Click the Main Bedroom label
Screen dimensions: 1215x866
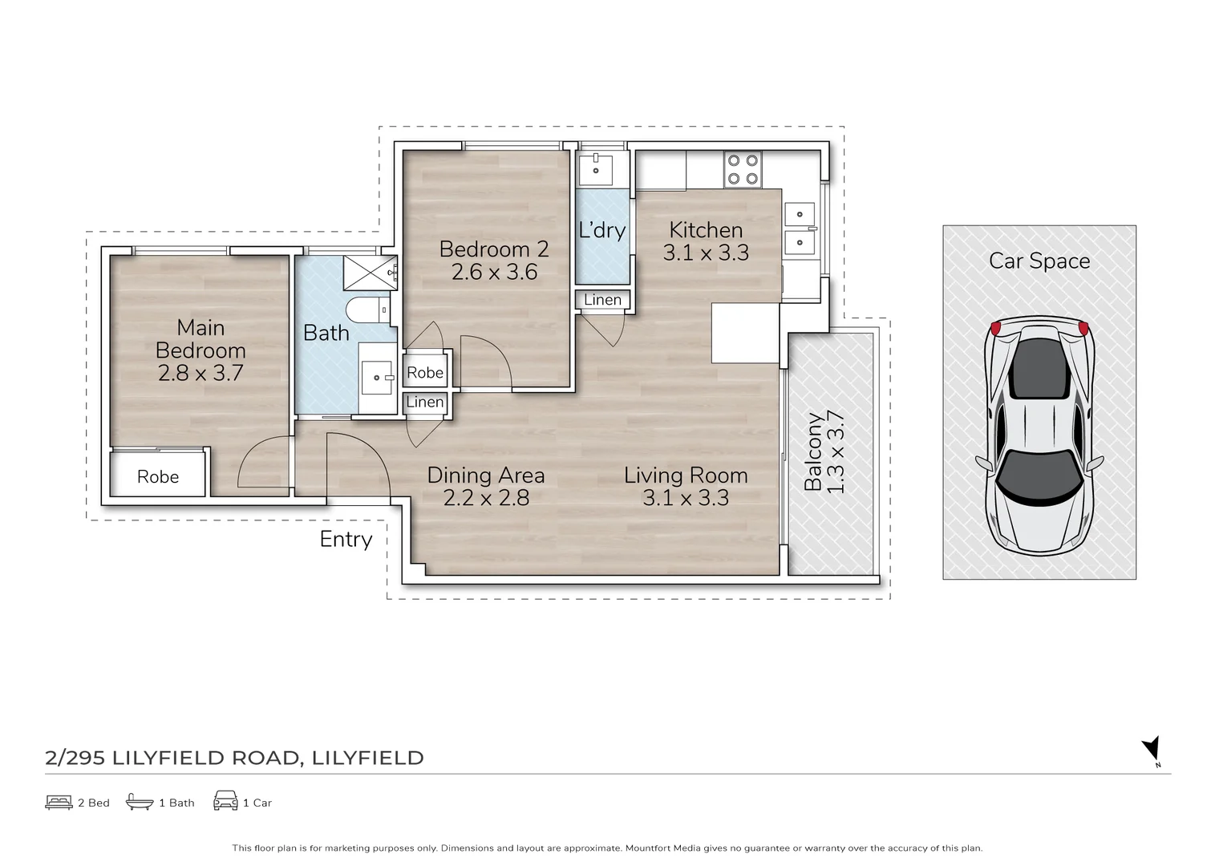pos(200,339)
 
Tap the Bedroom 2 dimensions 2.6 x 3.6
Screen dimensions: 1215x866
pos(494,272)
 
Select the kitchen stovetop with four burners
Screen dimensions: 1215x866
pos(743,170)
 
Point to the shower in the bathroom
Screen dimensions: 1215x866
pos(371,273)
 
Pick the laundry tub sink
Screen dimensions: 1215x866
pos(596,170)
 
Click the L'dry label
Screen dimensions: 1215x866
pos(602,230)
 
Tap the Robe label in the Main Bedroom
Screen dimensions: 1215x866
pos(158,476)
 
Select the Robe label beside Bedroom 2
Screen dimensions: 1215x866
pos(425,373)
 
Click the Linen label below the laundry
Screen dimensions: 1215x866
pos(602,299)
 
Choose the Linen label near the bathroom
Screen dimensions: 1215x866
pos(425,402)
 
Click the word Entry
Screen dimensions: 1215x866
pos(346,540)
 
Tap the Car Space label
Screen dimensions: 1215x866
pos(1039,261)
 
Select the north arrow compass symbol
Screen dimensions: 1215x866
pos(1152,750)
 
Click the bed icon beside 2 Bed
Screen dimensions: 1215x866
pos(59,803)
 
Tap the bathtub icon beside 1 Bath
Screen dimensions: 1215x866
pos(140,802)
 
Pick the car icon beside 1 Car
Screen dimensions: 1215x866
pos(225,801)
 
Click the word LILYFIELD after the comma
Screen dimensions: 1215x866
pos(368,758)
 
